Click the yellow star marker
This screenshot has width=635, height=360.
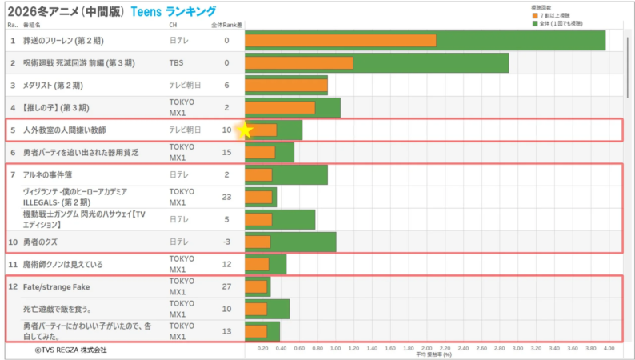pyautogui.click(x=246, y=130)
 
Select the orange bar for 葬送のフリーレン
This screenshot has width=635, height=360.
pyautogui.click(x=341, y=40)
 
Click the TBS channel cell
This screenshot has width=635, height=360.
pyautogui.click(x=177, y=62)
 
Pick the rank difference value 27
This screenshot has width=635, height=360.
pyautogui.click(x=226, y=286)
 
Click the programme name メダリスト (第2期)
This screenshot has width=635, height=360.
pyautogui.click(x=53, y=85)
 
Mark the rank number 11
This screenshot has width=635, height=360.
pyautogui.click(x=13, y=264)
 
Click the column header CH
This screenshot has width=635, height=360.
pyautogui.click(x=173, y=26)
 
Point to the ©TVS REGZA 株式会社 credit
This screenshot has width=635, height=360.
pyautogui.click(x=70, y=350)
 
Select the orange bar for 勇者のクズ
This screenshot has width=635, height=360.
pyautogui.click(x=258, y=242)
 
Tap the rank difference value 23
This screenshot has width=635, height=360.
pyautogui.click(x=226, y=197)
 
